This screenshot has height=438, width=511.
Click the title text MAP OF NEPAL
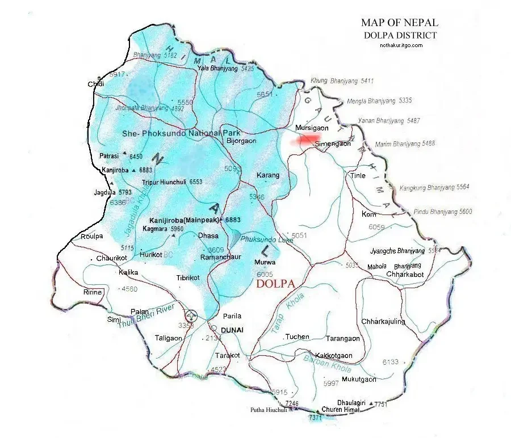click(400, 23)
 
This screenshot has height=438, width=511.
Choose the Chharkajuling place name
click(383, 322)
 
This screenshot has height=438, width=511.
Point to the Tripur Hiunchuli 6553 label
click(172, 182)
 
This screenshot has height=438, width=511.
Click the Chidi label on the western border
click(96, 85)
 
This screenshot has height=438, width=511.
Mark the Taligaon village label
click(169, 338)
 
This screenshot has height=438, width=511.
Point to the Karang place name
click(268, 175)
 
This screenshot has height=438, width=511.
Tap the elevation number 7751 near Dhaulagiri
click(380, 405)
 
